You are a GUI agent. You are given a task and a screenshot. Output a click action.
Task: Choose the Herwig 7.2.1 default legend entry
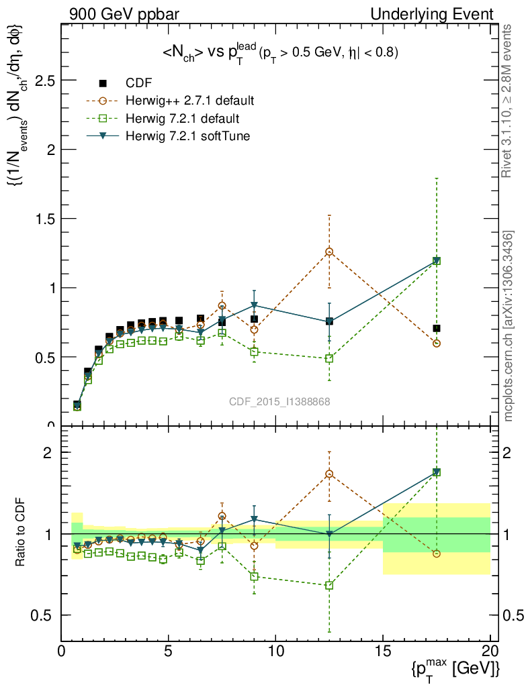182,119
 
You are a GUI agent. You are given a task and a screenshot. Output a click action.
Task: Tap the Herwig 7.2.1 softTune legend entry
184,136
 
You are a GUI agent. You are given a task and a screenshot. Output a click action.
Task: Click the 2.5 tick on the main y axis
46,81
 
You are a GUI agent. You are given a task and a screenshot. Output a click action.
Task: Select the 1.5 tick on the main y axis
46,219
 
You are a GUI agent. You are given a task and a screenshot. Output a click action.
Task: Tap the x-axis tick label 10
275,651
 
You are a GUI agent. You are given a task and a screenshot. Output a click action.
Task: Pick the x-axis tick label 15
383,651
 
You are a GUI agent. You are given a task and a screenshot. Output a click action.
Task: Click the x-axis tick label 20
490,651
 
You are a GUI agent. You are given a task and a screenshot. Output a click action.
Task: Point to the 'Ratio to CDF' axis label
20,533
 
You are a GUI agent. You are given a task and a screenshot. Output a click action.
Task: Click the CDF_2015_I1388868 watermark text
279,401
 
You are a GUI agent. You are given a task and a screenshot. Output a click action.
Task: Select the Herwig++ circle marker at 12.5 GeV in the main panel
329,252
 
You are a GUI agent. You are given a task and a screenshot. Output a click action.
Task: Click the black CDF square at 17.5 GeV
437,328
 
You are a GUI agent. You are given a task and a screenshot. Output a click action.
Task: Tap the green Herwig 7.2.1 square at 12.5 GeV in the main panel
329,358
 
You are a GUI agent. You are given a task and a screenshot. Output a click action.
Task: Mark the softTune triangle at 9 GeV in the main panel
254,306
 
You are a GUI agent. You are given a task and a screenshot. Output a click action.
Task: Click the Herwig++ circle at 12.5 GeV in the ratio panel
329,474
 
